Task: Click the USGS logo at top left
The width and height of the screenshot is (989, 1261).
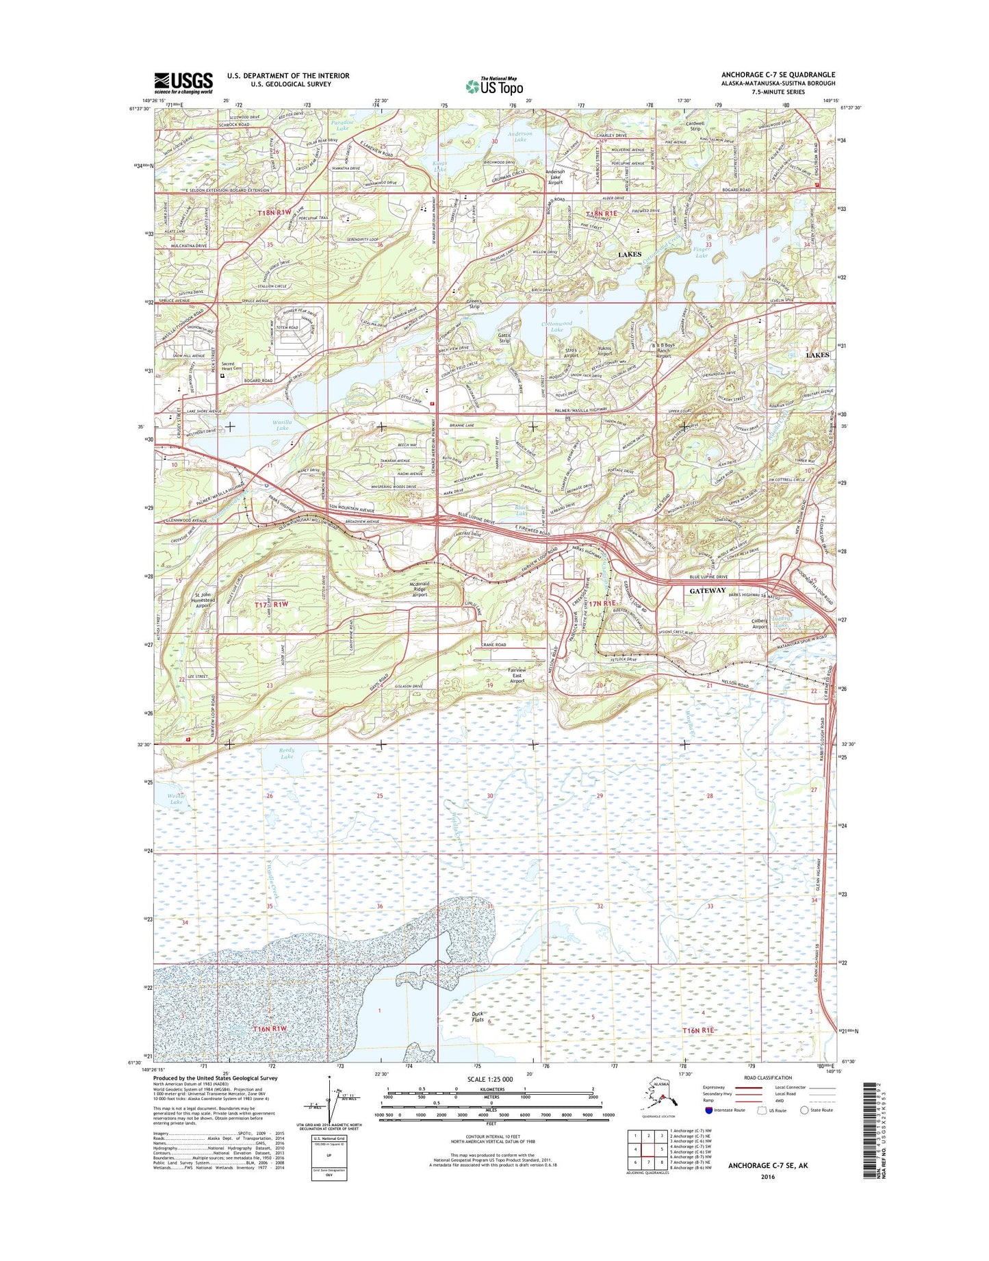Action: [x=183, y=83]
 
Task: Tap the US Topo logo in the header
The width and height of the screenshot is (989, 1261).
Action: [x=494, y=86]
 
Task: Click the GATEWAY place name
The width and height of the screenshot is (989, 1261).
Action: [x=707, y=590]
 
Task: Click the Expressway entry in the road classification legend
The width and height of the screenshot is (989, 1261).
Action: [x=714, y=1087]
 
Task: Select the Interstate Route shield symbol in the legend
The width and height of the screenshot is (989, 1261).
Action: [x=709, y=1110]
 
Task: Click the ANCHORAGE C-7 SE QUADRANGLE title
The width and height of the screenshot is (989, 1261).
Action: [x=778, y=75]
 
